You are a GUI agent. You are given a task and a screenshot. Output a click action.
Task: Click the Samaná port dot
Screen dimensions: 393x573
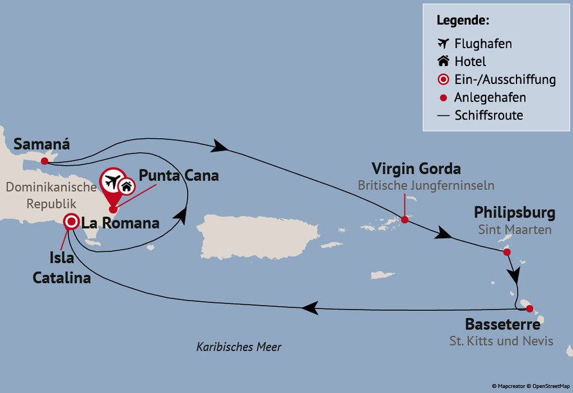[44, 161]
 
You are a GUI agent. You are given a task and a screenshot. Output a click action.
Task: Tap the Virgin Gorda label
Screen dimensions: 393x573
[416, 170]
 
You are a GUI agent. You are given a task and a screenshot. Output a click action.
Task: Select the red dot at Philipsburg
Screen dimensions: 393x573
[507, 252]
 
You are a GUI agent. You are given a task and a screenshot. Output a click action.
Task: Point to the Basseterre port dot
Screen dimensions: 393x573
[529, 308]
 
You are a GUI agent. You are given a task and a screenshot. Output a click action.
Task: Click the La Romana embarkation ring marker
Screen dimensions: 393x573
[71, 222]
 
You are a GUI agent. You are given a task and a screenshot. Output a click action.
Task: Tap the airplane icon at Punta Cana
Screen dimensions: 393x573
[112, 182]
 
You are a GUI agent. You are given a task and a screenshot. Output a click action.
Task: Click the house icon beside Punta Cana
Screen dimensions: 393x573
[127, 187]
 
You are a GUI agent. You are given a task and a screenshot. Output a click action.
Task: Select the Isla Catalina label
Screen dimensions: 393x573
[71, 268]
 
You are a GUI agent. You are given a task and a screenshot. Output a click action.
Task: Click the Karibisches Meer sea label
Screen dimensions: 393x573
[239, 347]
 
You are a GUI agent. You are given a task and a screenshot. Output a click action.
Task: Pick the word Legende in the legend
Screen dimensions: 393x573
[463, 20]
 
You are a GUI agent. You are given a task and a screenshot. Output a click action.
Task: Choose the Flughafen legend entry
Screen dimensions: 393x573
[482, 44]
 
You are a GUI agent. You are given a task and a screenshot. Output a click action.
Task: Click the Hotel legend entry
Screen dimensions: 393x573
[470, 62]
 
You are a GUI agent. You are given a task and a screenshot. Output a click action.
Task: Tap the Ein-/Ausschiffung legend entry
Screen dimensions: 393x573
[504, 80]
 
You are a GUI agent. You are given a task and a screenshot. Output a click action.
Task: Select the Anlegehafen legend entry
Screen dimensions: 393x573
[489, 98]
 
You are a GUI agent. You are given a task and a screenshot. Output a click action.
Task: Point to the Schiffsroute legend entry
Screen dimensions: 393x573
[488, 116]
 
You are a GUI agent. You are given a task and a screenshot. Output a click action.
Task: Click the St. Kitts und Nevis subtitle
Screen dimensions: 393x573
[501, 341]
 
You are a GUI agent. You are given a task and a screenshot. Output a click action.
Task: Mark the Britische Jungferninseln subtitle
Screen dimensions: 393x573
[426, 186]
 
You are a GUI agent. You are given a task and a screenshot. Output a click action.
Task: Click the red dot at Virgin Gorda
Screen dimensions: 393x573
[405, 220]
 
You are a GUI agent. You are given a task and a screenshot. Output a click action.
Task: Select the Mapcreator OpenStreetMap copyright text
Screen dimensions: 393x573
[531, 386]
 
